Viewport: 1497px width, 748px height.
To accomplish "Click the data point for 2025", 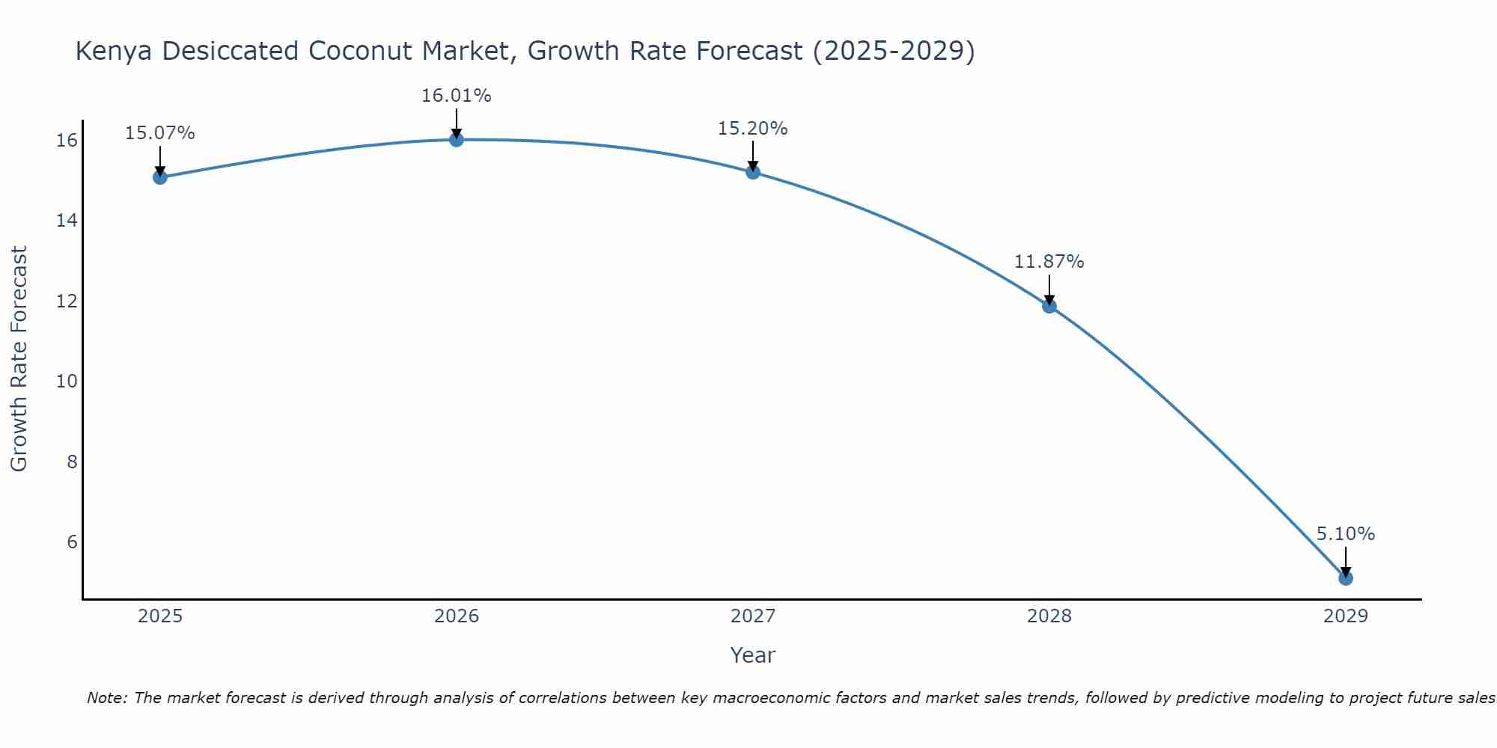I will coord(160,177).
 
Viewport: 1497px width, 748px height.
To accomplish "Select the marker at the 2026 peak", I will coord(457,140).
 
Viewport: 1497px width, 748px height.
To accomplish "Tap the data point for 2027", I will coord(753,172).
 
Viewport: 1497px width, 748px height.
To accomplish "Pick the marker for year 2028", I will coord(1049,306).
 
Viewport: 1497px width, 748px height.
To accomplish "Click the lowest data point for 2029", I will coord(1346,578).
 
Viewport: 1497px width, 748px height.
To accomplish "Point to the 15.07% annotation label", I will coord(159,133).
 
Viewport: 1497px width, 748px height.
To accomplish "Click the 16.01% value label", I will coord(456,96).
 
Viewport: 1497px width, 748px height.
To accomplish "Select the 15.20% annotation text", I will coord(752,129).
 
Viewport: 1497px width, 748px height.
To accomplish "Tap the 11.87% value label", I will coord(1049,262).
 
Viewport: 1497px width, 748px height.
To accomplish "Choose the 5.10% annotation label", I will coord(1345,534).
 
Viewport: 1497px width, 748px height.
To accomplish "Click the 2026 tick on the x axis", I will coord(457,616).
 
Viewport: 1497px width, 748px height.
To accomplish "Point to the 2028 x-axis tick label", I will coord(1049,616).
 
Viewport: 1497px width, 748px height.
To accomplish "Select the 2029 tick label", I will coord(1346,616).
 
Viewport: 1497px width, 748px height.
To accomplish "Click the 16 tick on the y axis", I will coord(67,141).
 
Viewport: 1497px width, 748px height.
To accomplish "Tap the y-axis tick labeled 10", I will coord(67,381).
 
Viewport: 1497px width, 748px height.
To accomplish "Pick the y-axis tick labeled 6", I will coord(72,542).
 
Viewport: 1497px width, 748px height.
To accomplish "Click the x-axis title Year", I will coord(752,655).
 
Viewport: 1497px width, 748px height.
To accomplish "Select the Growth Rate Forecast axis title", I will coord(19,359).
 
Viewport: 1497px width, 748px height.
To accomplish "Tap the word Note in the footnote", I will coord(107,698).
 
